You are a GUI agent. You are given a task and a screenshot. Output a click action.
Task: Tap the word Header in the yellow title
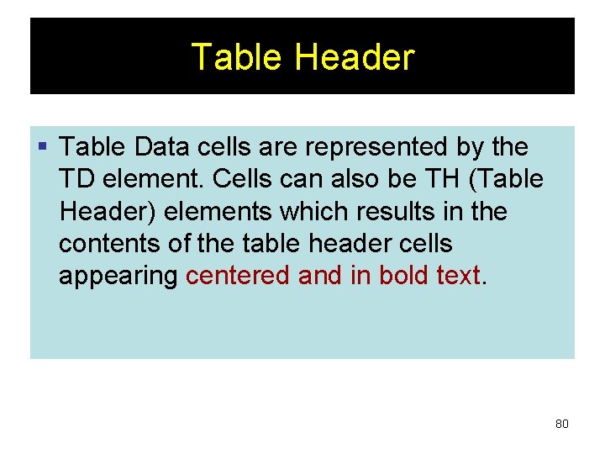click(355, 57)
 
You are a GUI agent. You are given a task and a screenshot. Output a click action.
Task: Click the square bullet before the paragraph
click(44, 148)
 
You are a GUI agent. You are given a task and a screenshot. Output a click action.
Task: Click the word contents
click(106, 244)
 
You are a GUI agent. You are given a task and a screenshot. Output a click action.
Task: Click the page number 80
click(561, 424)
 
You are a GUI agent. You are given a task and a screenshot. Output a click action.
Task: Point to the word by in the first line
click(469, 147)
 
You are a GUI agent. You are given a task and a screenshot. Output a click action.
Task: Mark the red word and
click(321, 276)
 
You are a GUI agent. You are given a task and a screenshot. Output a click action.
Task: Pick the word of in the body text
click(172, 244)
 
